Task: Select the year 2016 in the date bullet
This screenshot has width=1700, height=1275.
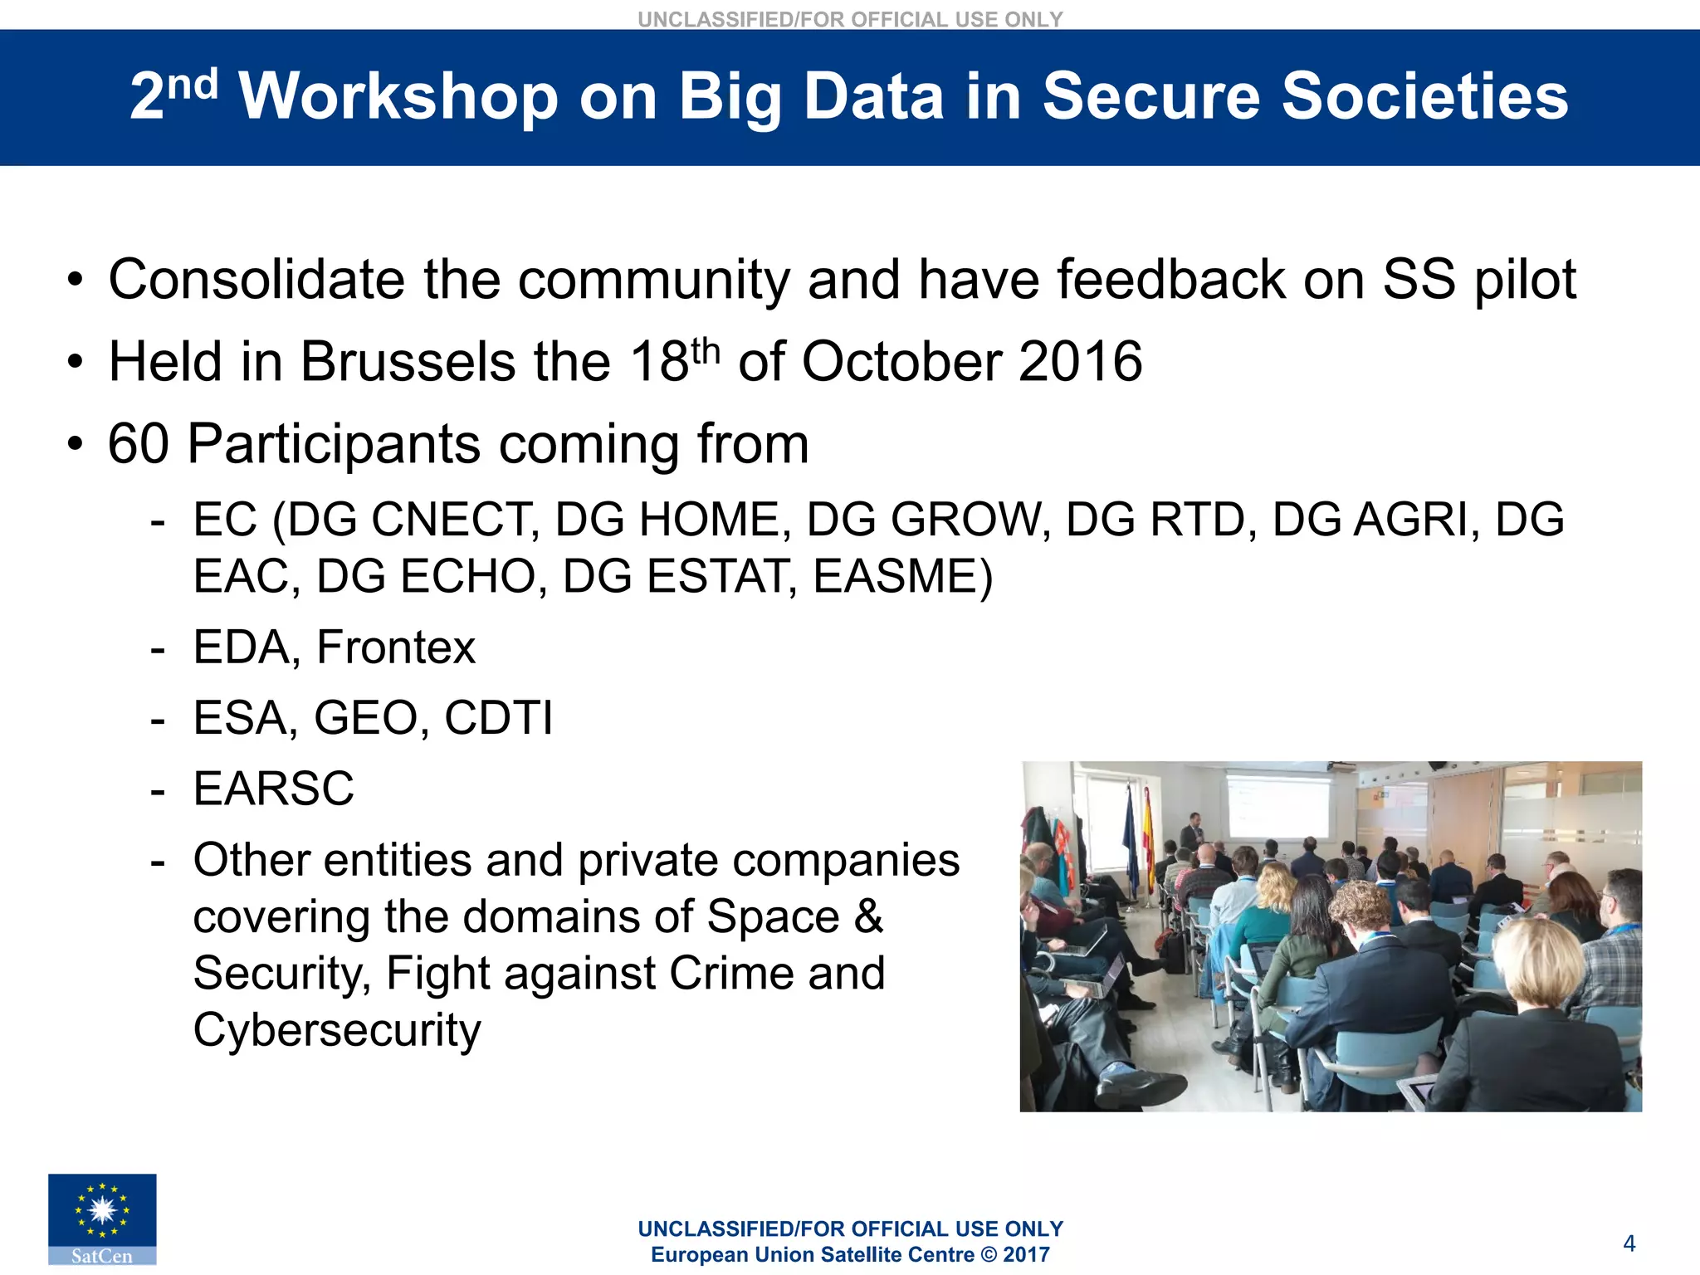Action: coord(1080,362)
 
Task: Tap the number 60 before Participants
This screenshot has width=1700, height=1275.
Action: coord(139,444)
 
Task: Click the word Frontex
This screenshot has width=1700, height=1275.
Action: coord(396,647)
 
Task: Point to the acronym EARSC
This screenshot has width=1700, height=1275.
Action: coord(273,789)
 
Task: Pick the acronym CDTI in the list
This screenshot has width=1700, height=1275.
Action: coord(498,718)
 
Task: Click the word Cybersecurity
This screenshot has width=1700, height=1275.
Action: coord(336,1030)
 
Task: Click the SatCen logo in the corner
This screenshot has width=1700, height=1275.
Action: coord(102,1218)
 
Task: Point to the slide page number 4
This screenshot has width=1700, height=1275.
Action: coord(1629,1243)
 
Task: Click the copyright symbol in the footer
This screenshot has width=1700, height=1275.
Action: coord(988,1255)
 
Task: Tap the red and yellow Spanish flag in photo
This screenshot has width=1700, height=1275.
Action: coord(1149,838)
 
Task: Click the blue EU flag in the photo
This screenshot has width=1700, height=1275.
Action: coord(1131,838)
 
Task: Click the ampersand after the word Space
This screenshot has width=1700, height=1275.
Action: coord(868,917)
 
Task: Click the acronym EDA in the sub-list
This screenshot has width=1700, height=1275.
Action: coord(244,647)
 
